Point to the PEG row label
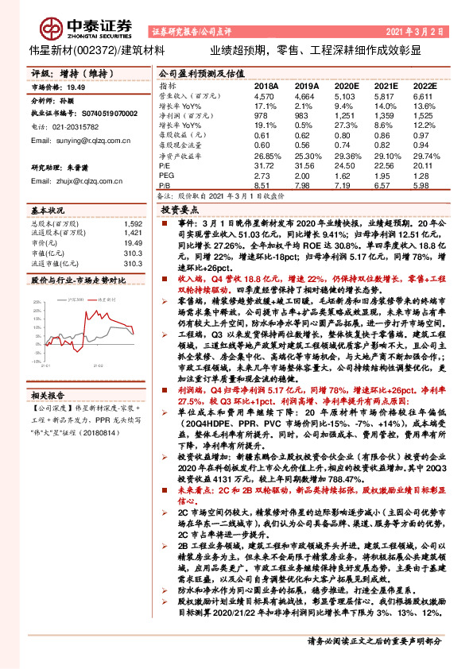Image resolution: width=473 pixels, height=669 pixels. pos(166,174)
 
